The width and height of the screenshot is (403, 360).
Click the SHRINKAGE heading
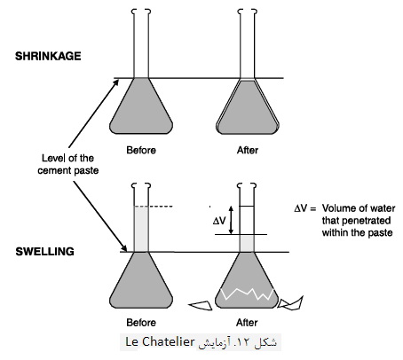point(48,56)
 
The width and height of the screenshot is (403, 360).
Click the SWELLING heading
point(44,252)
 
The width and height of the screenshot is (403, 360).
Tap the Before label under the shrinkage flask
point(141,150)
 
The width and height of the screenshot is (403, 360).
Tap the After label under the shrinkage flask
point(248,150)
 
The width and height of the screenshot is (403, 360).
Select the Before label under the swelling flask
point(141,322)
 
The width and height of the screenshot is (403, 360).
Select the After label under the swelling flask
point(247,322)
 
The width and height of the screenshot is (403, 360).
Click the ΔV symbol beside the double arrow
point(219,221)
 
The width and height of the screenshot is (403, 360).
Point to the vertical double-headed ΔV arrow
point(232,220)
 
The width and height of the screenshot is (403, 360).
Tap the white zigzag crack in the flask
point(248,293)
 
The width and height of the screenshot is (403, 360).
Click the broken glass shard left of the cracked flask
point(201,306)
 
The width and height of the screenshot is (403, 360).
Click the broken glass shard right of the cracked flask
point(291,304)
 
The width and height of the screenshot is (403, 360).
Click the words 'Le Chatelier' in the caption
point(160,341)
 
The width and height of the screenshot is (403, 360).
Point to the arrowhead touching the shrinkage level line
point(116,82)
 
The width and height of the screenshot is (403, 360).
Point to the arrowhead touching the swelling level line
point(124,248)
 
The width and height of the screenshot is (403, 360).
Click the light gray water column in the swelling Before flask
point(141,229)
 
